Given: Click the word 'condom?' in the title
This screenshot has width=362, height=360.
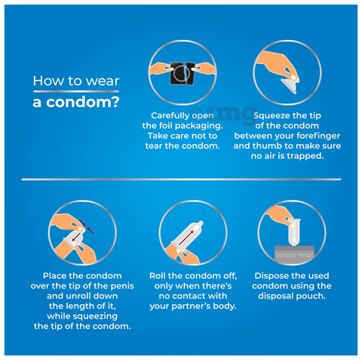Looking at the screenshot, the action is tap(83, 102).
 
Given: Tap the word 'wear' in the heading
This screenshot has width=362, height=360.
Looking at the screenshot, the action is tap(103, 81).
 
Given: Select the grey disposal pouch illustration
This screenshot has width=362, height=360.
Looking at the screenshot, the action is tap(294, 255).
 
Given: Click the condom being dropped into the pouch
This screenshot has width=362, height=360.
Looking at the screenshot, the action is tap(294, 232).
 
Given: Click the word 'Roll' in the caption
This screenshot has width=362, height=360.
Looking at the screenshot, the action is tap(158, 276).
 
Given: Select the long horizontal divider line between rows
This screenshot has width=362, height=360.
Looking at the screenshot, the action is tap(181, 179).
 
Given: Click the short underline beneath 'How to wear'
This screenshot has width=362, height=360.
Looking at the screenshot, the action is tap(76, 91).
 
